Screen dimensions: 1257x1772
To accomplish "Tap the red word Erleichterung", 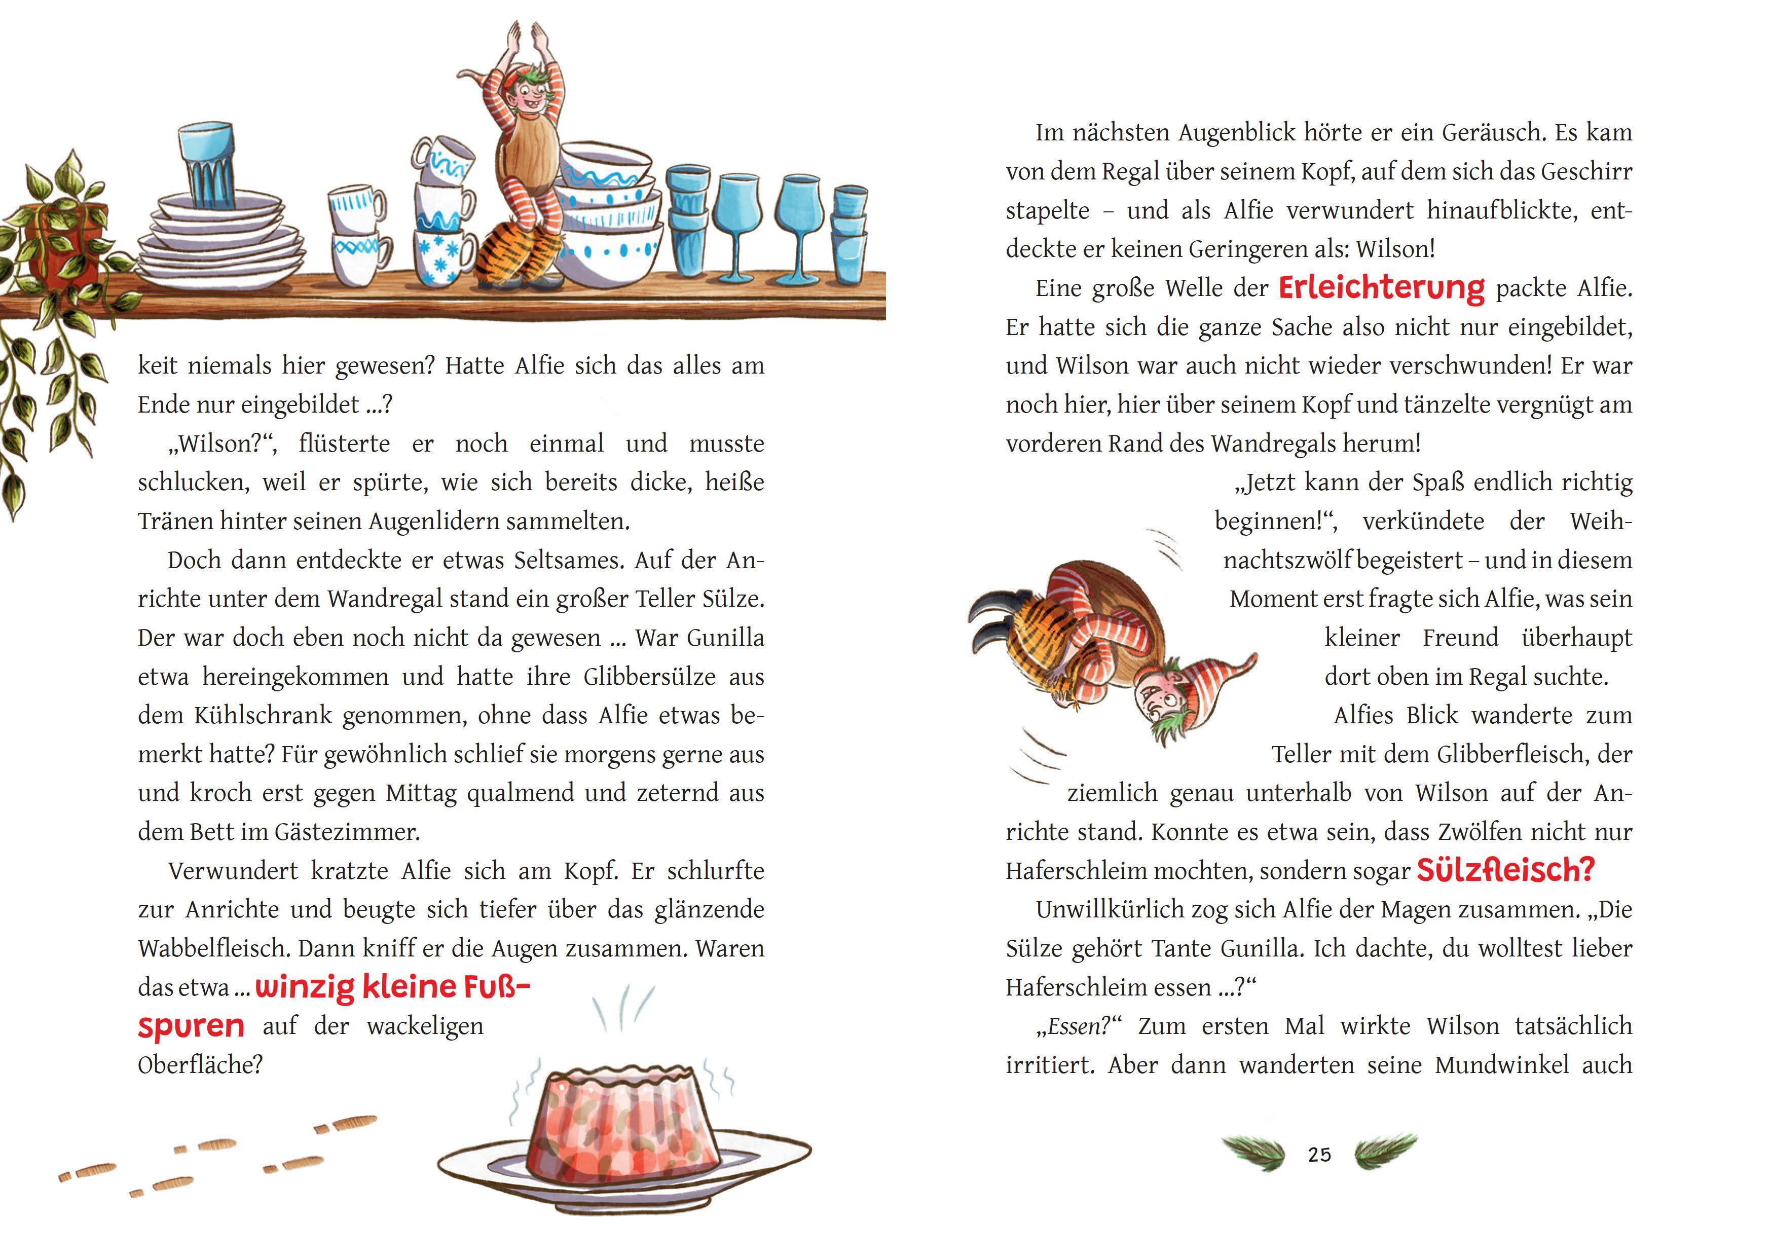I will pos(1381,288).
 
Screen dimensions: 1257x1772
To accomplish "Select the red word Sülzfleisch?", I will pos(1505,870).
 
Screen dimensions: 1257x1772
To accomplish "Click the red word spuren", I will pos(191,1026).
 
